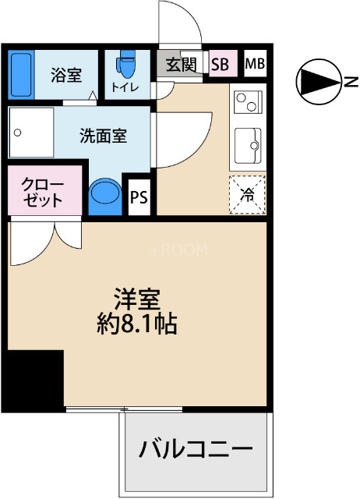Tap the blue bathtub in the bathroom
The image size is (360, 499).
[21, 73]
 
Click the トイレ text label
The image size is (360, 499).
[125, 87]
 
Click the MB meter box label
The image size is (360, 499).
[255, 64]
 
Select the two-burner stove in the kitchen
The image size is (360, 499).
[249, 101]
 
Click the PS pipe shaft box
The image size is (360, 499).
[139, 196]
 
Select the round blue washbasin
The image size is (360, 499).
[104, 194]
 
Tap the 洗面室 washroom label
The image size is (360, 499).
[103, 135]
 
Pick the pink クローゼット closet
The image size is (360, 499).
[44, 191]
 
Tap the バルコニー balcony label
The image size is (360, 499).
[196, 450]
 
